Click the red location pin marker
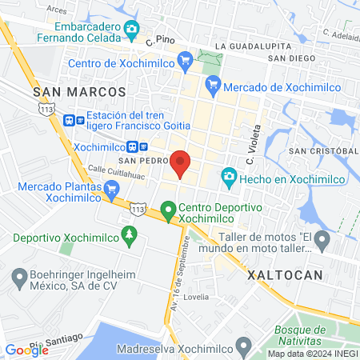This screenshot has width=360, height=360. point(180,163)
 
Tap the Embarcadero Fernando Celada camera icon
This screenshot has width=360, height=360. point(132,30)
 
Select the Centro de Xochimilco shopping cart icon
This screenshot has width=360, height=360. point(186,58)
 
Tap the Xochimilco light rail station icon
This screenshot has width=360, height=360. point(142,147)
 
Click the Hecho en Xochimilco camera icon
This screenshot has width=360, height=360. point(229,176)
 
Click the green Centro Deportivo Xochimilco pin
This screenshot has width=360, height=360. point(168,210)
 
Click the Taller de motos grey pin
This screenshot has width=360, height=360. point(322,238)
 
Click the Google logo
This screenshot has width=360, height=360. point(26,350)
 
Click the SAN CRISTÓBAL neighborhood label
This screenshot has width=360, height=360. point(323,150)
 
